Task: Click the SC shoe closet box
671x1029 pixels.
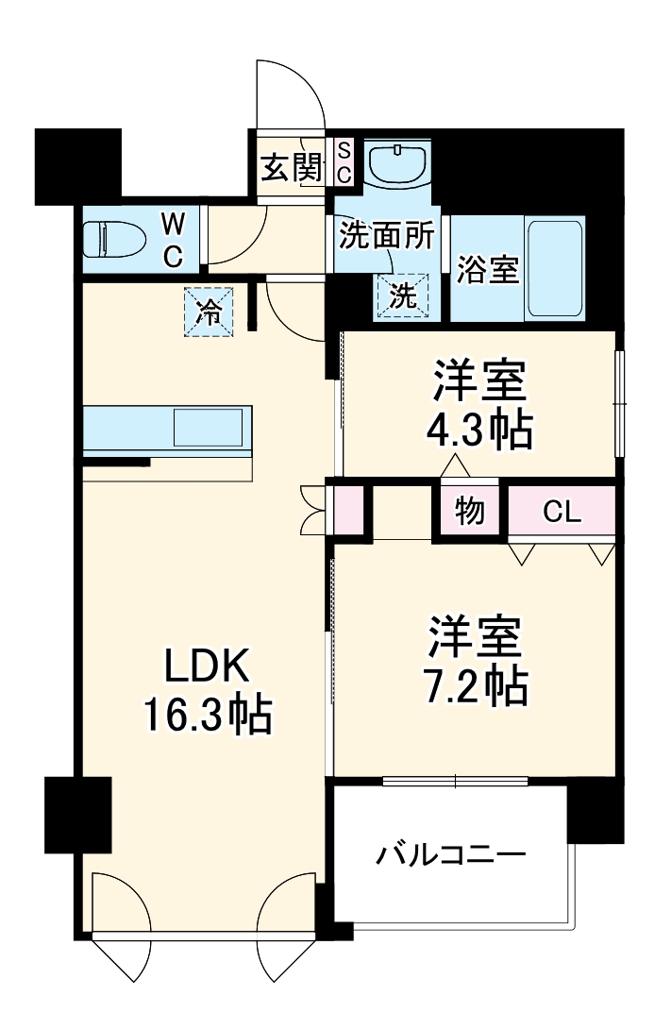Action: [x=344, y=162]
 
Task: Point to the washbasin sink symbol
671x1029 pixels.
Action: [x=397, y=165]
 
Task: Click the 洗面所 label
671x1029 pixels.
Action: [x=386, y=236]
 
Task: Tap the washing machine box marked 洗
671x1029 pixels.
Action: [x=404, y=296]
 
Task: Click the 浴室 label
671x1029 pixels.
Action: [x=488, y=269]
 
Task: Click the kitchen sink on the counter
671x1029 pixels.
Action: [x=212, y=428]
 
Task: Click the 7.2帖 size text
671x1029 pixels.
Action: [x=477, y=687]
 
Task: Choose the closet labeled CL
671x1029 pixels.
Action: [x=562, y=512]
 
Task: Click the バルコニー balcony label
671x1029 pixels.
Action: [x=450, y=855]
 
